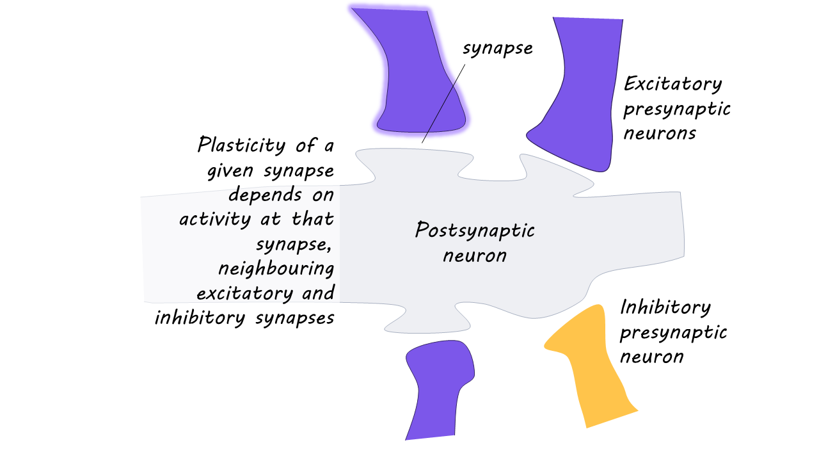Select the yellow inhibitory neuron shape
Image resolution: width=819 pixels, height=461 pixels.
coord(595,365)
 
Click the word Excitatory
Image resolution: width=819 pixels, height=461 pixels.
coord(672,84)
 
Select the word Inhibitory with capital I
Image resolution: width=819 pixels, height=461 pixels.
coord(665,307)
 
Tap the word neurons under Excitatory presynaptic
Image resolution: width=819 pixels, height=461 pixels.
coord(660,133)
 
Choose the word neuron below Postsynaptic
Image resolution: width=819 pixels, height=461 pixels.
coord(475,255)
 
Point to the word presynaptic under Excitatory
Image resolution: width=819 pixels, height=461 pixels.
coord(677,109)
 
